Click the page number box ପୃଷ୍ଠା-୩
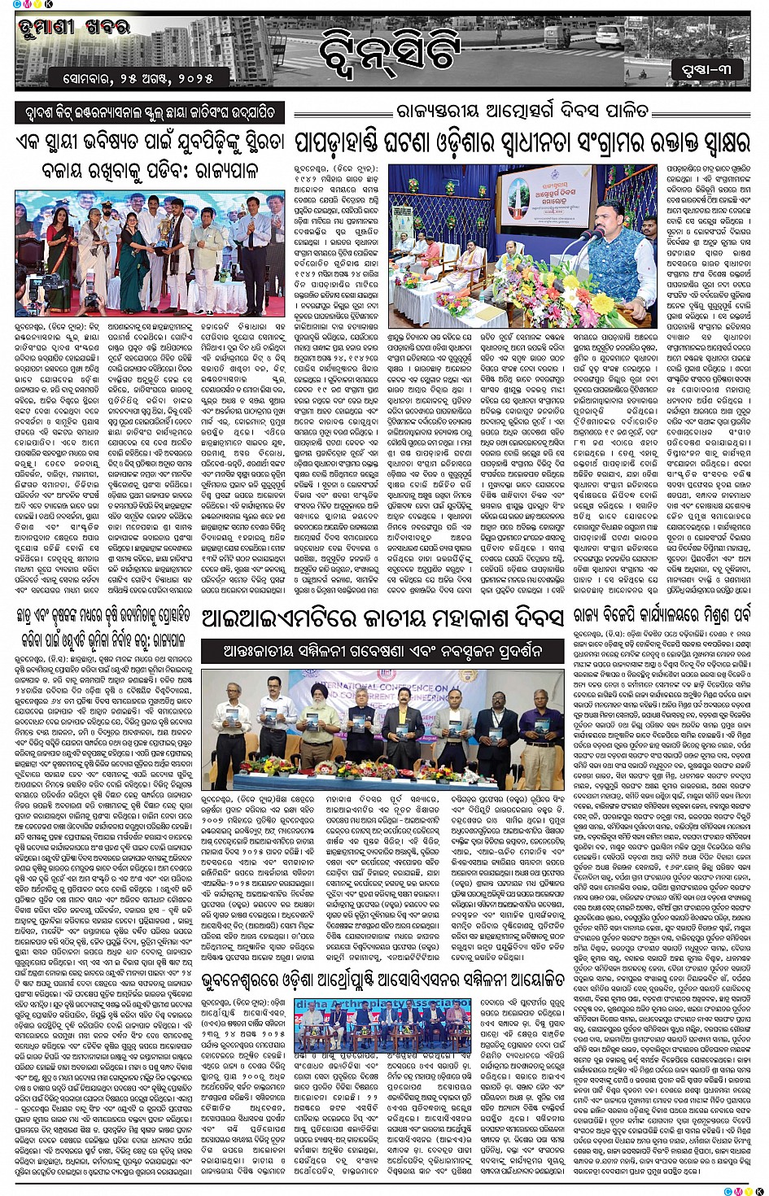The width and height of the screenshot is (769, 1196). [x=706, y=70]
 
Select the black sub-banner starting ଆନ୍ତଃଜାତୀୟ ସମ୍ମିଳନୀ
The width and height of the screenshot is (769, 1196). [x=383, y=652]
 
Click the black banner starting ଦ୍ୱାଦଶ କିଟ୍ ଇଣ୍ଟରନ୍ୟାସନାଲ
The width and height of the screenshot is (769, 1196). [x=151, y=110]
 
